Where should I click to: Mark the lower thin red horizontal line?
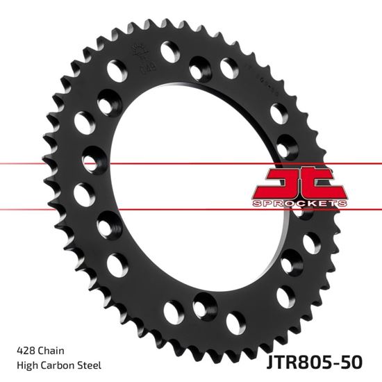click(x=174, y=207)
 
